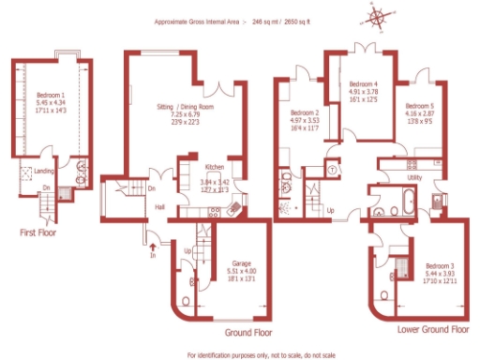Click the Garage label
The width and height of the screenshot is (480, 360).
(242, 263)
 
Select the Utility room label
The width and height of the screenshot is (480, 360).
(414, 176)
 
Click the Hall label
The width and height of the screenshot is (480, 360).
(159, 207)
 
